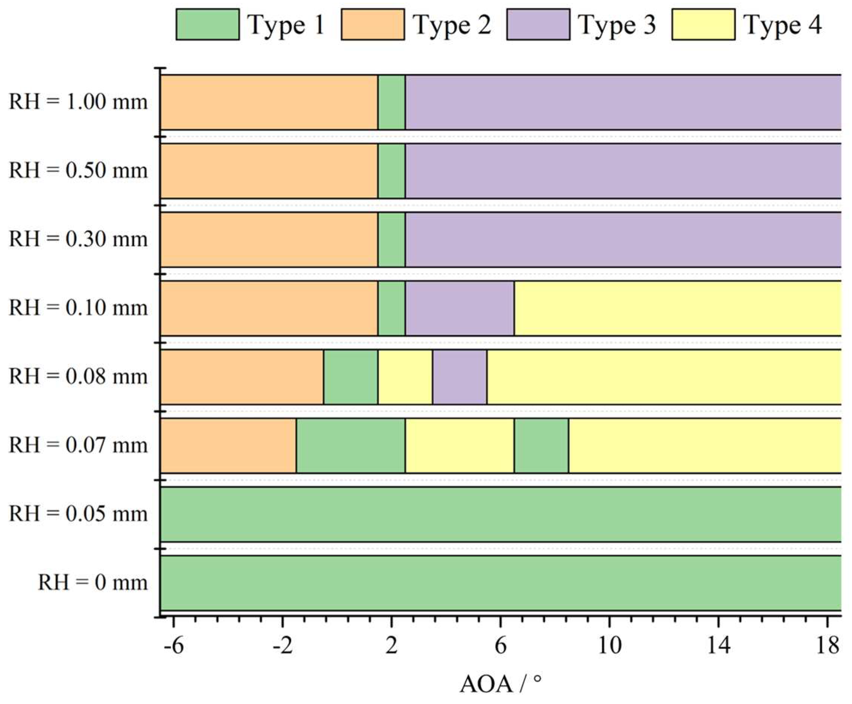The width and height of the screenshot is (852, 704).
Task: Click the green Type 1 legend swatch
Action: click(x=207, y=25)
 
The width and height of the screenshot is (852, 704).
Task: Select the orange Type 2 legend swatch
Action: click(x=373, y=25)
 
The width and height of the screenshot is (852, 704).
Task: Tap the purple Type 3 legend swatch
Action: click(x=538, y=25)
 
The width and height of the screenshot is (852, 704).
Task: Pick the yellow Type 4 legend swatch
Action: click(x=703, y=25)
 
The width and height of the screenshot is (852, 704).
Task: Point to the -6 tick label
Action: click(x=174, y=645)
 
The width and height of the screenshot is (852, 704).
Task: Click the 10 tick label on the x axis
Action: click(x=609, y=645)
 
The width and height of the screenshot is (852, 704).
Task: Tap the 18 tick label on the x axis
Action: click(x=827, y=645)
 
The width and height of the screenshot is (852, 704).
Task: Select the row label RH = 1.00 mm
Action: click(x=78, y=102)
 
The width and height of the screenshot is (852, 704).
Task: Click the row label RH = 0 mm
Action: click(x=93, y=583)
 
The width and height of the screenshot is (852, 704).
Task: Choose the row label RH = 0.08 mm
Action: click(x=78, y=377)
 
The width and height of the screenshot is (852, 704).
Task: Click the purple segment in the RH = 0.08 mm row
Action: click(x=460, y=377)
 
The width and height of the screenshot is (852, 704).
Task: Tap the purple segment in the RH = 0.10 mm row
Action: click(x=460, y=308)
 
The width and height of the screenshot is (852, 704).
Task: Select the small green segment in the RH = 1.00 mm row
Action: click(x=391, y=102)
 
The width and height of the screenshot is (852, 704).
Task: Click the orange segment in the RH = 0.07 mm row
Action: click(x=228, y=445)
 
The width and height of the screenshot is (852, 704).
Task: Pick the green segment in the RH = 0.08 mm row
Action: click(x=350, y=377)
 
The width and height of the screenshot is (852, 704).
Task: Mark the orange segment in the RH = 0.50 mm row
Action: click(x=269, y=171)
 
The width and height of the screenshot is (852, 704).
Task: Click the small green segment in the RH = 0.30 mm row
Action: click(x=391, y=239)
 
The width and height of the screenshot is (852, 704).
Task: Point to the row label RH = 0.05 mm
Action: click(x=78, y=514)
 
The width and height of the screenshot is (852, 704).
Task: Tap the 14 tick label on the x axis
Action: click(x=718, y=645)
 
